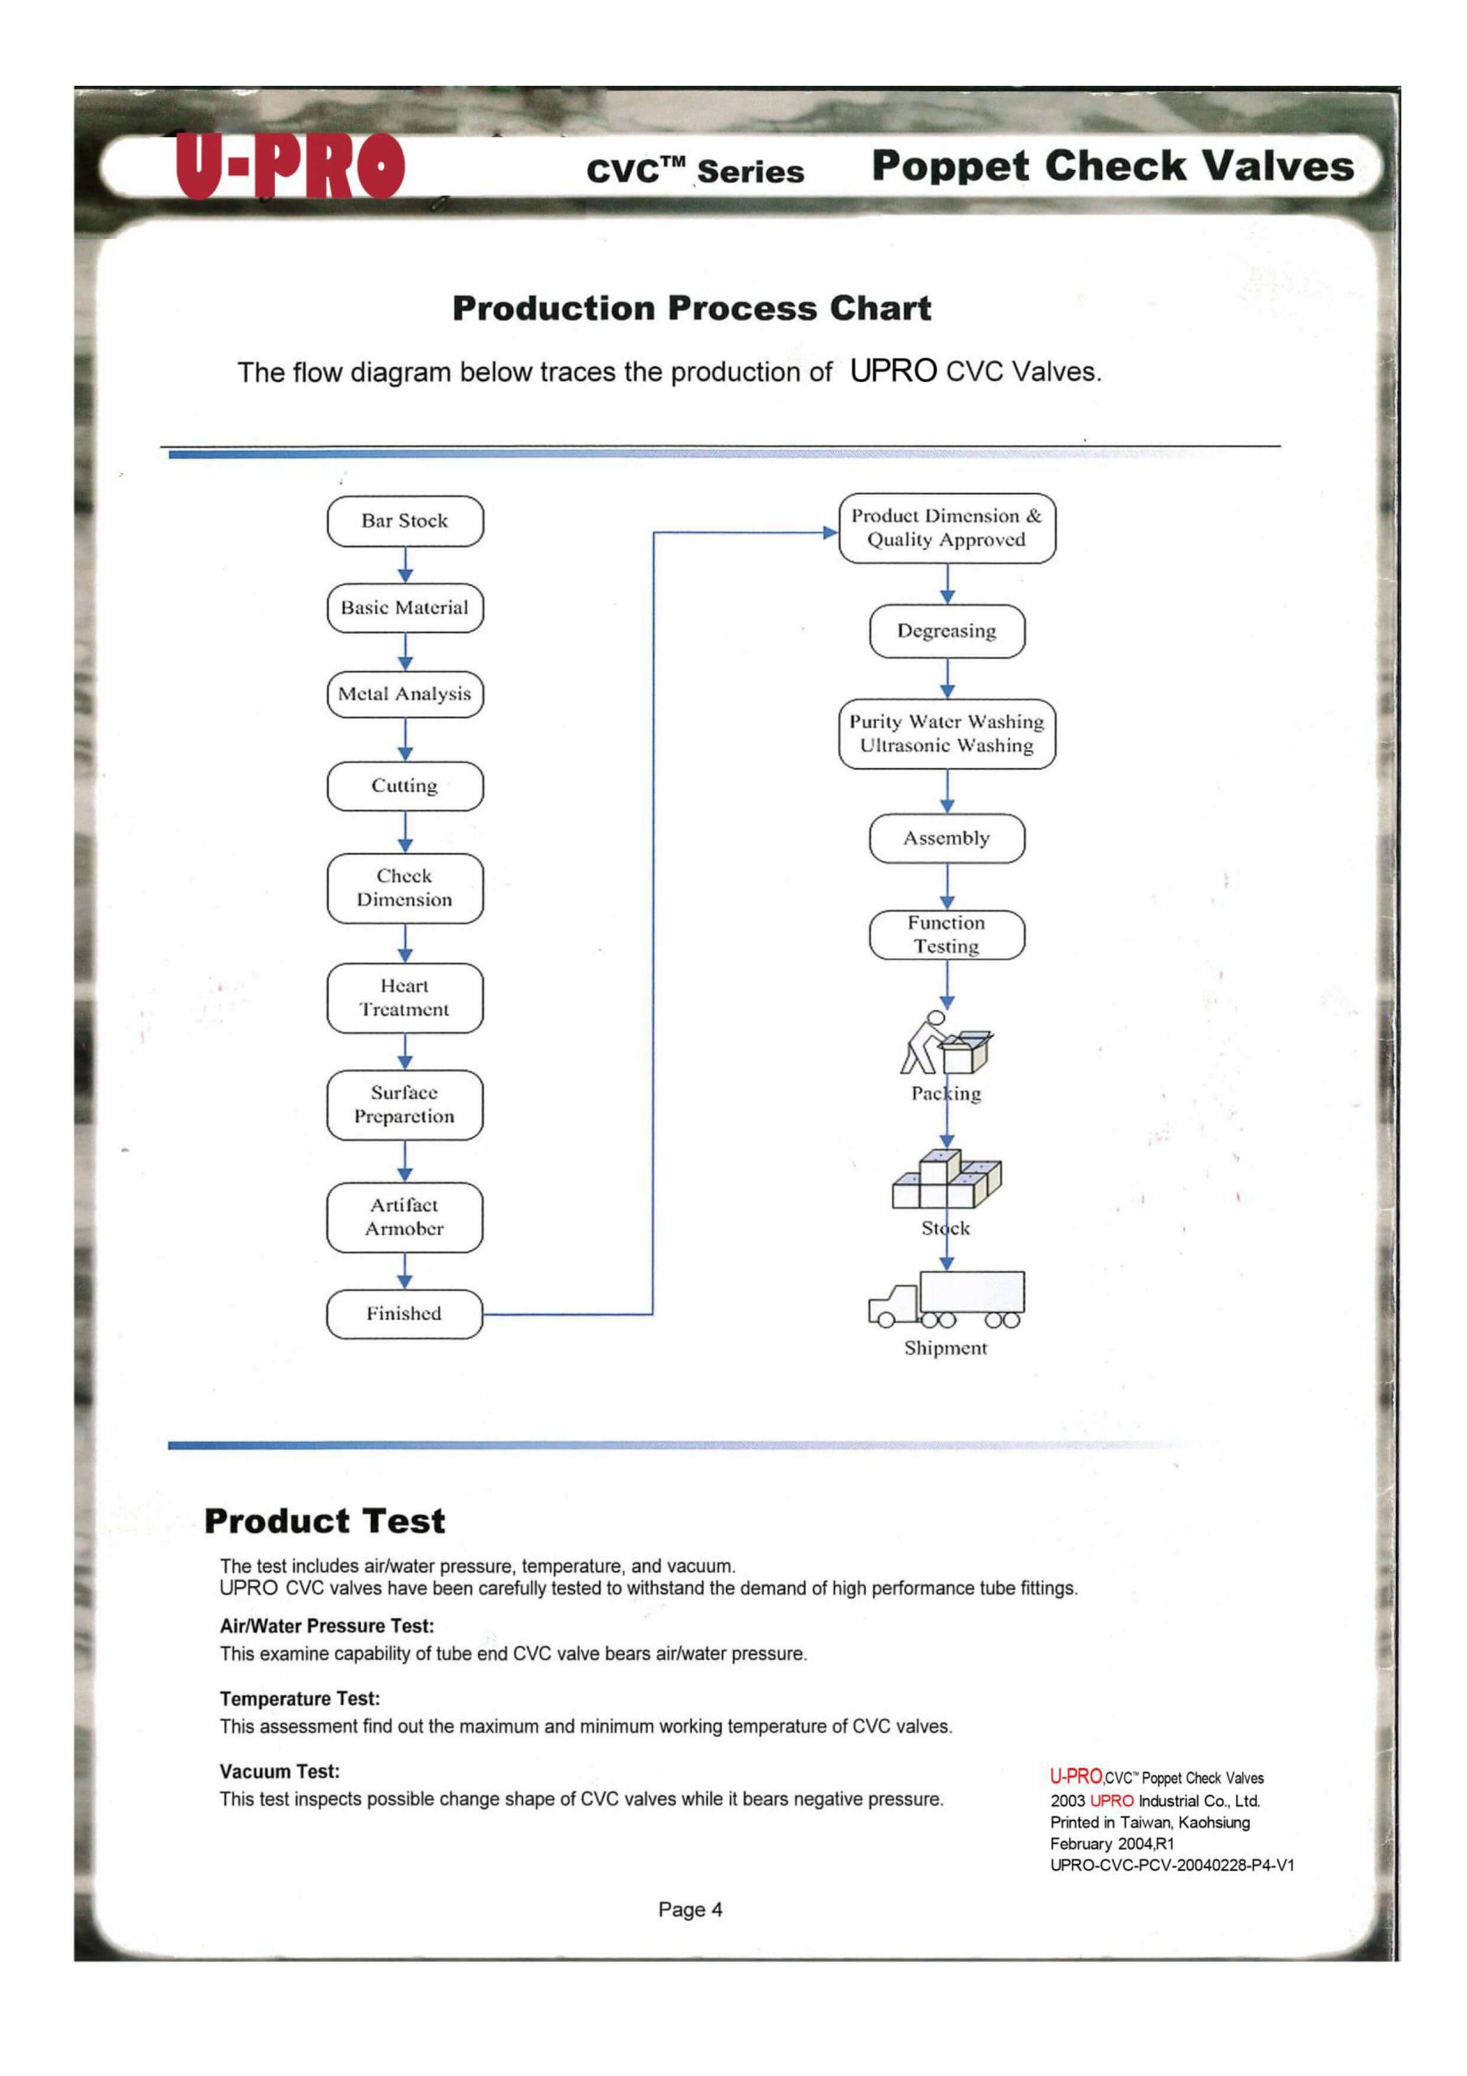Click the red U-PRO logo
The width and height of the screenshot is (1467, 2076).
289,166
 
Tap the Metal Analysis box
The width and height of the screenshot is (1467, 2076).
405,694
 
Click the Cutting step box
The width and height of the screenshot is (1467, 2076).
405,786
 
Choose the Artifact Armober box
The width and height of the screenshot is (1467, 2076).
405,1217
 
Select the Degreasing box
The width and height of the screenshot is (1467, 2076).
946,631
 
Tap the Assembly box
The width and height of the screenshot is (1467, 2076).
946,838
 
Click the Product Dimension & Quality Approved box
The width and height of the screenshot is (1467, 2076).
946,528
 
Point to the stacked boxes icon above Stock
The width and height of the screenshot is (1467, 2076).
946,1180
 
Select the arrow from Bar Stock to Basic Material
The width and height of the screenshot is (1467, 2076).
405,565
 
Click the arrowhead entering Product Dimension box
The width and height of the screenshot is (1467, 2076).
830,533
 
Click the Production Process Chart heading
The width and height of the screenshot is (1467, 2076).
692,308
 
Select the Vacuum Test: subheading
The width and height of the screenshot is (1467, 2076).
279,1771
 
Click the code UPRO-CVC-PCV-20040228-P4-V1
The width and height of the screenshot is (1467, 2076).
1171,1864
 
